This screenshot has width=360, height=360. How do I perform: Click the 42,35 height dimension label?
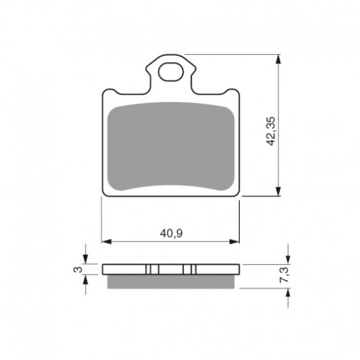point(271,131)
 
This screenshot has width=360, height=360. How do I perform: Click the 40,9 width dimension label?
point(171,233)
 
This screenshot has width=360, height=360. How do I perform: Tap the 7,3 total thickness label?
point(285,274)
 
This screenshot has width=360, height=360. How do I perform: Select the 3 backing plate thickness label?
point(78,270)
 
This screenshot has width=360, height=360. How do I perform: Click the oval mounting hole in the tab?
point(171,72)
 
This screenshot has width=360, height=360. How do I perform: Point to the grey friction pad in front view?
point(171,147)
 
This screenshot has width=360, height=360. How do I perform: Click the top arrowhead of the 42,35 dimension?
point(278,59)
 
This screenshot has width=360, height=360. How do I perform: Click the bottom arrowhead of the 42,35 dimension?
point(278,191)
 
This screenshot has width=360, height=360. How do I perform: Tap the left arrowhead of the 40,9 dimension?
point(106,241)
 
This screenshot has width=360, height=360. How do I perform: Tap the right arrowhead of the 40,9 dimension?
point(234,241)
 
